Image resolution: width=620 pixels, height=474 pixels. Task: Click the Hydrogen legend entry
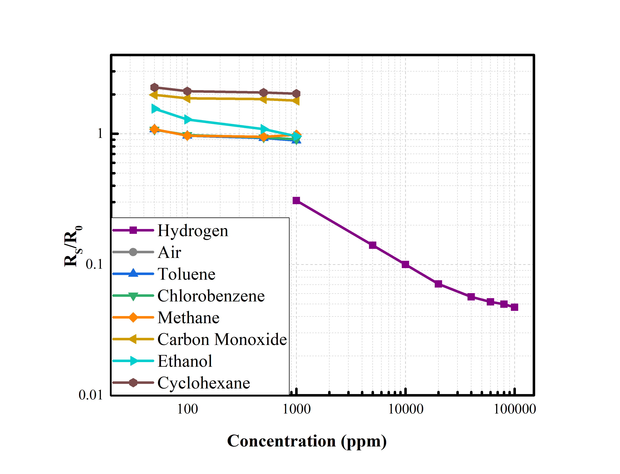click(x=193, y=231)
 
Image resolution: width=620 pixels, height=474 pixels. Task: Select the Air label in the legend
click(x=169, y=252)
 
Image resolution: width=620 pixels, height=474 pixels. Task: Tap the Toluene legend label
click(x=186, y=274)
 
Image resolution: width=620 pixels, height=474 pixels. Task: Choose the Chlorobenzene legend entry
click(x=211, y=296)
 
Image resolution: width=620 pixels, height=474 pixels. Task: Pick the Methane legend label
click(x=188, y=317)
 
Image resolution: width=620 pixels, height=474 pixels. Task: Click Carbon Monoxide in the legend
click(x=222, y=339)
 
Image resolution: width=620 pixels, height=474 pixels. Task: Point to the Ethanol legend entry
click(x=185, y=361)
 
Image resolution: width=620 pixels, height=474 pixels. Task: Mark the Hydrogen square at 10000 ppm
click(x=405, y=264)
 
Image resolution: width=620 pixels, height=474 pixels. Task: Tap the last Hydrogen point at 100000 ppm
click(x=514, y=307)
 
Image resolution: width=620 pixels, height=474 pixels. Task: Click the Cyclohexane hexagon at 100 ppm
click(x=187, y=91)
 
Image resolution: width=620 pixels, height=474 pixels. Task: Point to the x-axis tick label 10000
click(x=406, y=409)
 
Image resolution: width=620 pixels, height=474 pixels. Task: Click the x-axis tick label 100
click(x=187, y=409)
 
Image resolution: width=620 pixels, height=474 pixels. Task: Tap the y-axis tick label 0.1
click(x=94, y=264)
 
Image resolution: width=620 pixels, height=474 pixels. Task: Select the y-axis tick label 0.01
click(x=90, y=395)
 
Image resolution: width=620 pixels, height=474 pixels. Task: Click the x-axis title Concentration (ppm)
click(x=307, y=441)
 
